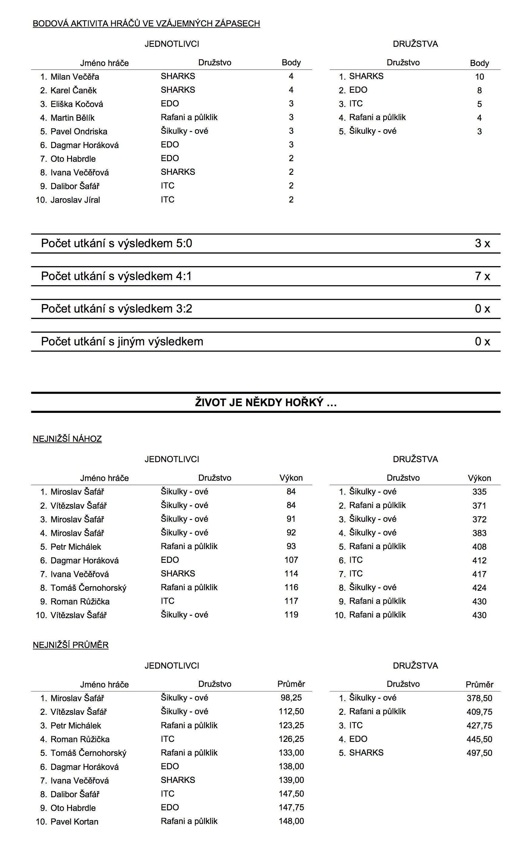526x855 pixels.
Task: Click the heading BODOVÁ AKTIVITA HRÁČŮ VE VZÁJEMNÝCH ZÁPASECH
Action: pyautogui.click(x=146, y=24)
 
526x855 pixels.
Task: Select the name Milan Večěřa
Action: pyautogui.click(x=74, y=77)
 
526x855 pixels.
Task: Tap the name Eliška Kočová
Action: pyautogui.click(x=77, y=104)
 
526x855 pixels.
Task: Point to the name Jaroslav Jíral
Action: pyautogui.click(x=75, y=200)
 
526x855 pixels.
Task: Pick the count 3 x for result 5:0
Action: pyautogui.click(x=482, y=243)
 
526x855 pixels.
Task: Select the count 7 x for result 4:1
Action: pyautogui.click(x=482, y=276)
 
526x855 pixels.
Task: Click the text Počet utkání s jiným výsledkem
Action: pyautogui.click(x=122, y=341)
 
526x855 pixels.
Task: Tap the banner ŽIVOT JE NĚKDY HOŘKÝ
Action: pyautogui.click(x=266, y=403)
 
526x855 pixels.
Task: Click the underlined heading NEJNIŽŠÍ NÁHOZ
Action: pyautogui.click(x=67, y=439)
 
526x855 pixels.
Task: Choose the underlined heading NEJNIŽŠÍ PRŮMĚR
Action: pyautogui.click(x=71, y=645)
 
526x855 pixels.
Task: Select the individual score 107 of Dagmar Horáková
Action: pyautogui.click(x=291, y=560)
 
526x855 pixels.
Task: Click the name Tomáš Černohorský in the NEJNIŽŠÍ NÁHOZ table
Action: pyautogui.click(x=88, y=588)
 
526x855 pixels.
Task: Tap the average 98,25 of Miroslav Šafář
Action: pyautogui.click(x=291, y=698)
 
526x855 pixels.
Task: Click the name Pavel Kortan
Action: pyautogui.click(x=74, y=822)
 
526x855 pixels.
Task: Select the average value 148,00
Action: pyautogui.click(x=291, y=821)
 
